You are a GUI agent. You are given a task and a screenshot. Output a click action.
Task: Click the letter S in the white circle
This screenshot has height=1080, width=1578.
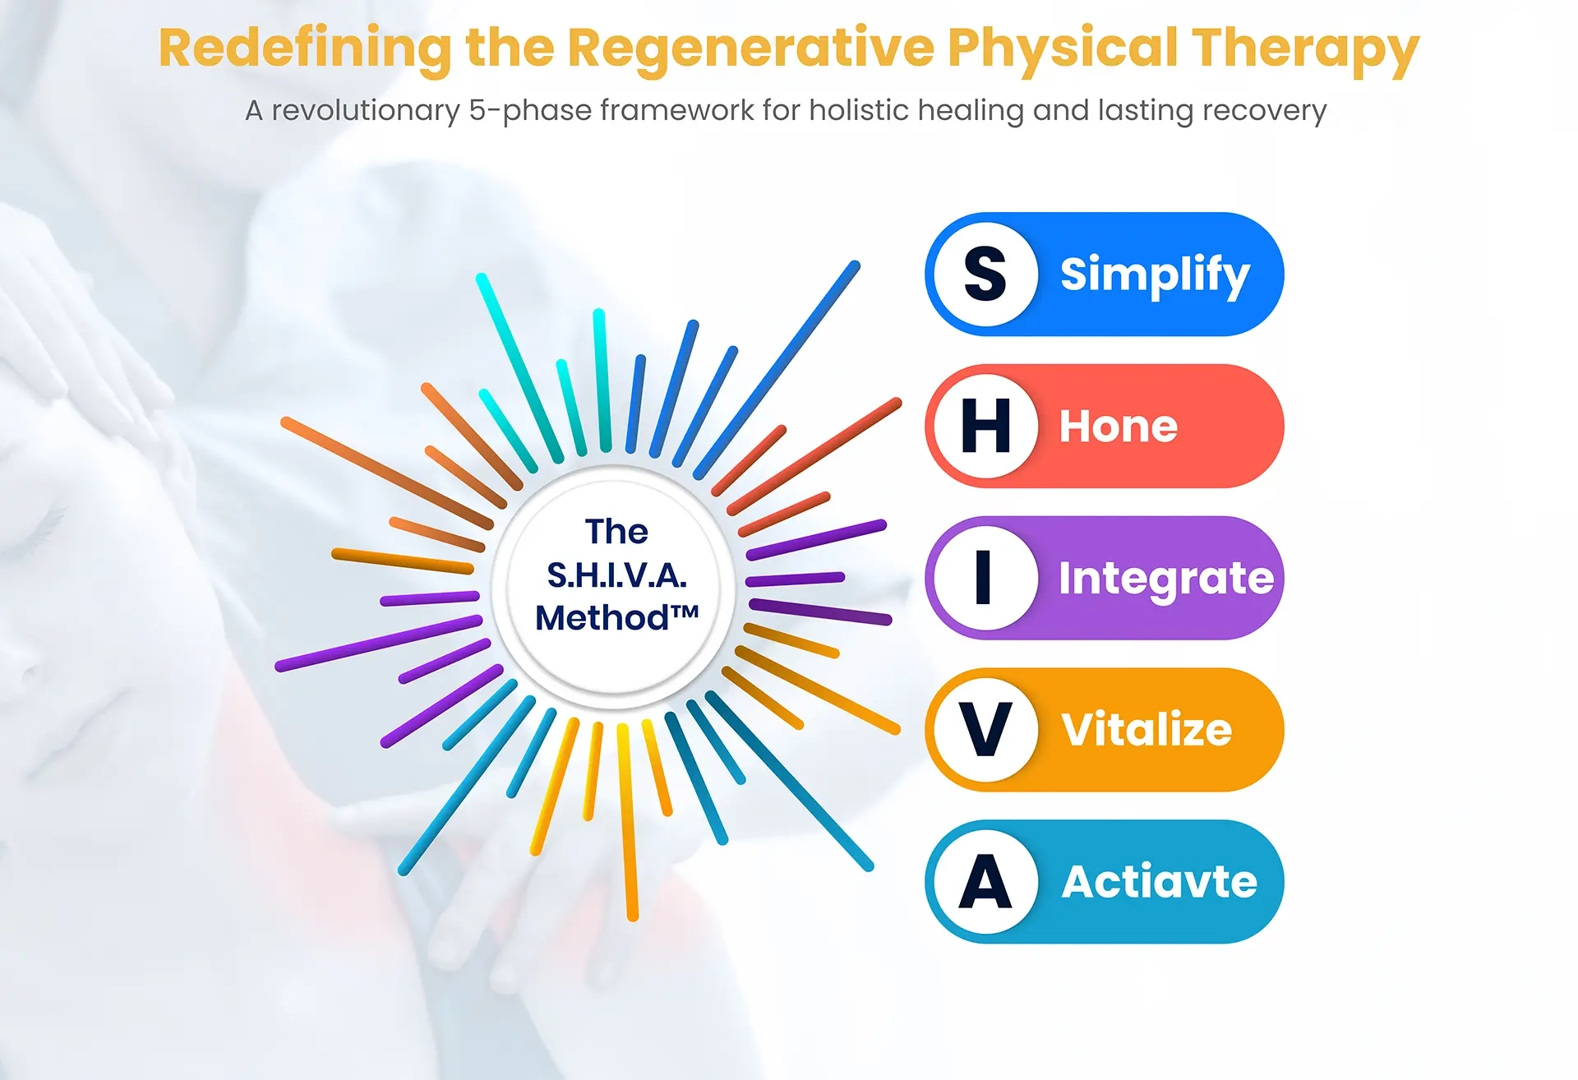click(985, 274)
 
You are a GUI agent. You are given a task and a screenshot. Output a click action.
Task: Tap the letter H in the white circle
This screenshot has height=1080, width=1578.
click(985, 426)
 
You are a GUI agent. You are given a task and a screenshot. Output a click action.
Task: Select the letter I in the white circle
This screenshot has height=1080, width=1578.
click(983, 578)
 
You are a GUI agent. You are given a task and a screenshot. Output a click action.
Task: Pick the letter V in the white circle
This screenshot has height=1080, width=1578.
click(985, 729)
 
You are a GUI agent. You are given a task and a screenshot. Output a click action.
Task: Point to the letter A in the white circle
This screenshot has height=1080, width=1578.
click(985, 881)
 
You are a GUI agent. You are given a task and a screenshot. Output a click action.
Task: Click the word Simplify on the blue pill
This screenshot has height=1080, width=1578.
click(1155, 275)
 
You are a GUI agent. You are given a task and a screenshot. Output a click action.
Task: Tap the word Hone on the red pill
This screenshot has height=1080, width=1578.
click(1119, 427)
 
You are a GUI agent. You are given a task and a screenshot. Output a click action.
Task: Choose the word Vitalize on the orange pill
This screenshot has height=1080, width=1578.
click(1147, 730)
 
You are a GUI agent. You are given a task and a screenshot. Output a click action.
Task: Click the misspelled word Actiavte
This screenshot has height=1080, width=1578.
click(1160, 882)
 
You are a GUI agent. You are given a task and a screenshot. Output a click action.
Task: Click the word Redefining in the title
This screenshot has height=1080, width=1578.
click(305, 49)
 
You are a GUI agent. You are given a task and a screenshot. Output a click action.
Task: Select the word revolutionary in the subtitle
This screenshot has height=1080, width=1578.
click(366, 111)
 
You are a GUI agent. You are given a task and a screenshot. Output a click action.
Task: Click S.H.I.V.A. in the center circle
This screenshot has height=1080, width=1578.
click(616, 576)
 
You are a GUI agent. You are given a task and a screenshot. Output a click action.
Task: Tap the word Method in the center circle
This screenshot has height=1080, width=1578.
click(602, 618)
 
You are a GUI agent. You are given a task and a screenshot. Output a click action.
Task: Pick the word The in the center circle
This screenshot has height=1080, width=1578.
click(616, 532)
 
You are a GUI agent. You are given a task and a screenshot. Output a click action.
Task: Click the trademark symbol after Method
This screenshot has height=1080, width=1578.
click(685, 612)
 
